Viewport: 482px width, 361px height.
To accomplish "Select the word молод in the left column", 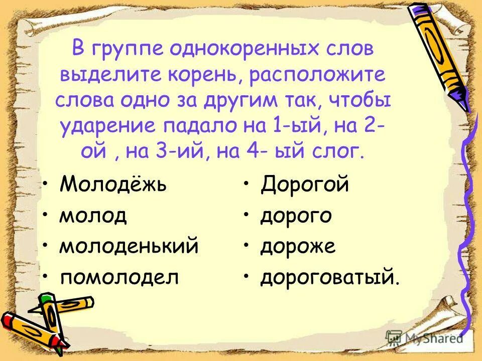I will coord(93,217).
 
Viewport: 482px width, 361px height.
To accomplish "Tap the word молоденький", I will coord(129,247).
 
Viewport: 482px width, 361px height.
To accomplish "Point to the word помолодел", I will coord(119,277).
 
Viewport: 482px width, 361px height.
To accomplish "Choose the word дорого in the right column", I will coord(296,217).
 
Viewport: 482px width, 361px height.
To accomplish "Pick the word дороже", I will coord(298,247).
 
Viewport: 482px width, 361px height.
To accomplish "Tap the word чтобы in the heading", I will coord(358,100).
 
